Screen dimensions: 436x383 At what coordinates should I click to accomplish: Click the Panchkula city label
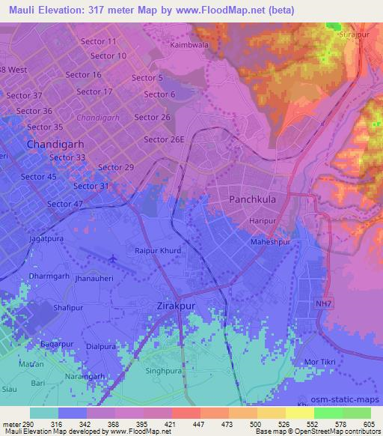253,200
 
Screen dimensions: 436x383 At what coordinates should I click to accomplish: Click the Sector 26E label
165,139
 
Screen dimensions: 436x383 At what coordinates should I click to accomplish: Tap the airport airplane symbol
113,259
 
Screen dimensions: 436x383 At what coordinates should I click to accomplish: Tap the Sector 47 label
64,204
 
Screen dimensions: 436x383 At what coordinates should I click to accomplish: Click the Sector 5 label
147,78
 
